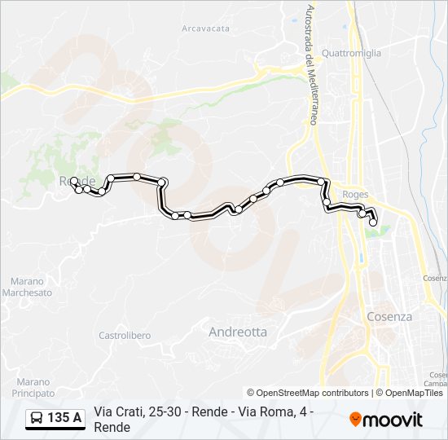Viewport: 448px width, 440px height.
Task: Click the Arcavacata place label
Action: click(204, 28)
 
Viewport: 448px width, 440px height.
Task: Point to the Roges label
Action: click(356, 195)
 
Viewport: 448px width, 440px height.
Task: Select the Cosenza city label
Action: click(389, 316)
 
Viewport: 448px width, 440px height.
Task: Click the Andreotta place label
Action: click(238, 332)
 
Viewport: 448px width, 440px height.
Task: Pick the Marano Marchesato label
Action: click(27, 287)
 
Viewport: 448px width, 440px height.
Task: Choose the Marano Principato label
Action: click(33, 387)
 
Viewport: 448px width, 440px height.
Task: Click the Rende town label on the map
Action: click(78, 180)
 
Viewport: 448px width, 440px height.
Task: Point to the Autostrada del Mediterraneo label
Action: click(310, 65)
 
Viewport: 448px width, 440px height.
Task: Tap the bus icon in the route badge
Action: click(37, 419)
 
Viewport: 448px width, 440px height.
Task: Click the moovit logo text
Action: click(393, 420)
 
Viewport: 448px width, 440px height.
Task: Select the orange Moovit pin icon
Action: click(355, 420)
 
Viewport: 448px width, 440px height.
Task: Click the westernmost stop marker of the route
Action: click(73, 181)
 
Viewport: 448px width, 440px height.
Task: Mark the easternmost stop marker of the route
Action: click(373, 222)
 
